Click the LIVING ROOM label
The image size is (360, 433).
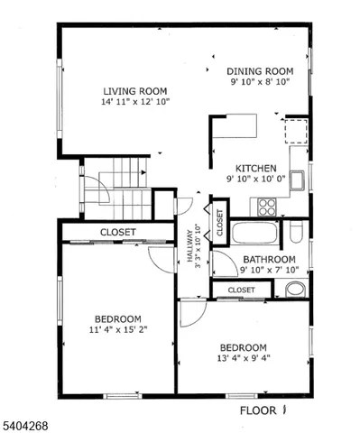pos(135,90)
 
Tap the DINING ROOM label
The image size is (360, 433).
pos(260,70)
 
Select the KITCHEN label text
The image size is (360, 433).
pos(256,168)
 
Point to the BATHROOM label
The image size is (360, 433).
pos(268,260)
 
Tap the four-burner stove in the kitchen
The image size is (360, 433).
pos(267,207)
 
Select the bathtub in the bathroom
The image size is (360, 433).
pos(257,235)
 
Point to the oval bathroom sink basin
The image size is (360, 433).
pos(294,290)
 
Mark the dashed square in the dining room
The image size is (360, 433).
pos(295,132)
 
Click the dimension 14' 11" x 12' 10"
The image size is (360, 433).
pos(135,102)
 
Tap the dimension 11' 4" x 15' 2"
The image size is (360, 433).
pos(118,329)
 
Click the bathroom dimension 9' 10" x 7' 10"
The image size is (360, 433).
pos(268,271)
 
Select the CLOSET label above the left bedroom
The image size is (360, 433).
pos(117,232)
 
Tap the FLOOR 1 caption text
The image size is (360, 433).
pos(267,410)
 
